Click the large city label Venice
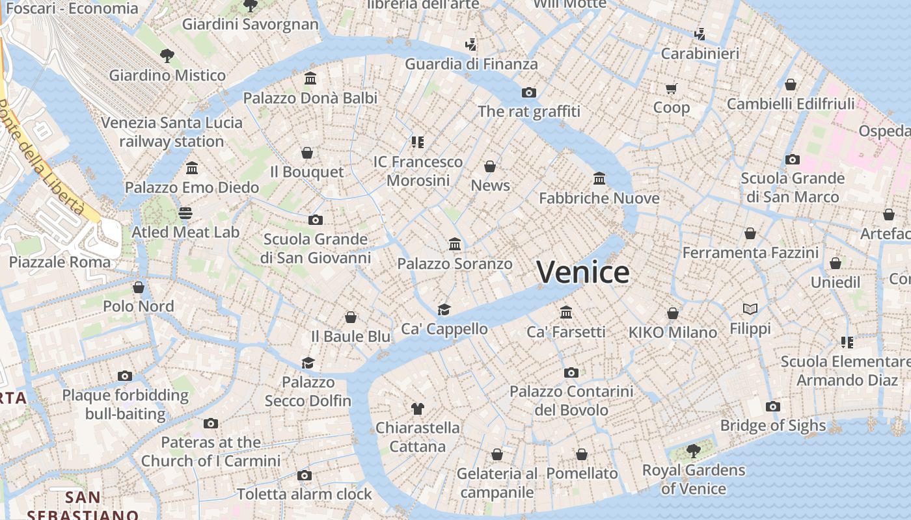(583, 272)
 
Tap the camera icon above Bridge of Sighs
(772, 407)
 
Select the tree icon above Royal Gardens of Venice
(694, 450)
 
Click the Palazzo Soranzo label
(455, 264)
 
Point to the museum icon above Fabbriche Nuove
(599, 178)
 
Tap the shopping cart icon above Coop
(671, 88)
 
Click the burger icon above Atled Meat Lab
(185, 213)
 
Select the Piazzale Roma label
(60, 263)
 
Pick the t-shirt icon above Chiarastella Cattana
(418, 409)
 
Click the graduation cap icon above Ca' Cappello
(444, 309)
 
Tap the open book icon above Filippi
(750, 309)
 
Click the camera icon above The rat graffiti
(529, 93)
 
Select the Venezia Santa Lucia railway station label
(172, 132)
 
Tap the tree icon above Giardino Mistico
(167, 56)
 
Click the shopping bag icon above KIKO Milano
(673, 313)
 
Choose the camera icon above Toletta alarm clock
(304, 475)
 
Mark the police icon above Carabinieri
(700, 34)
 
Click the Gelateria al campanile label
(497, 483)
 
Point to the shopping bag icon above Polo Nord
(138, 287)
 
